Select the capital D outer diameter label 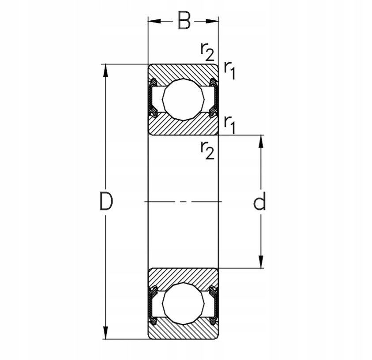106,202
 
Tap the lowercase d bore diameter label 260,202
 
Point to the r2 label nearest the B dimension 207,52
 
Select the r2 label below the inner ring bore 207,150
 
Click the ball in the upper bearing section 183,99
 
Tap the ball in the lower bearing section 183,304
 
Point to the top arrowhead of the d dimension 260,140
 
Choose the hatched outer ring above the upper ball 183,71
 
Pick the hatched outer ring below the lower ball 183,332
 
